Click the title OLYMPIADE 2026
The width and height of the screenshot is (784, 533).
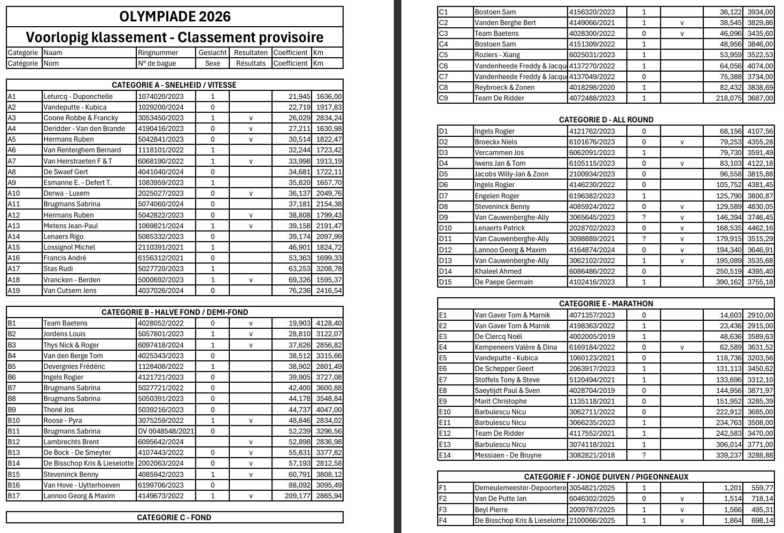click(175, 17)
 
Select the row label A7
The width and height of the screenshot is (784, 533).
click(12, 161)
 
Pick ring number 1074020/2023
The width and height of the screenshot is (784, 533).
click(160, 96)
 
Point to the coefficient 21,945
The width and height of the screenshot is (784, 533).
click(299, 96)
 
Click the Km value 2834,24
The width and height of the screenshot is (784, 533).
click(329, 118)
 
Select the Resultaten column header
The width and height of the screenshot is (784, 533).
click(251, 52)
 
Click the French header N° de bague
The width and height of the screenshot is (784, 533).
click(157, 63)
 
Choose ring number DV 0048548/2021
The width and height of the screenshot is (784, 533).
click(166, 431)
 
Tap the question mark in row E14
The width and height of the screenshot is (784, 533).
click(643, 455)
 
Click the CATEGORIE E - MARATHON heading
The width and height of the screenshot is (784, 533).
click(606, 304)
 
